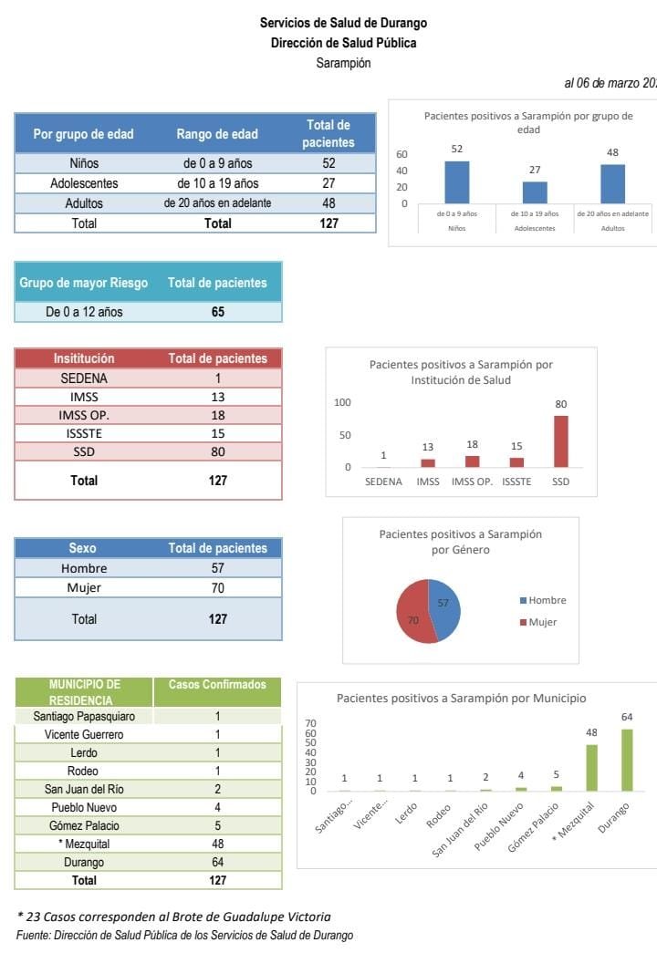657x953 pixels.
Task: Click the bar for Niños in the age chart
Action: tap(456, 182)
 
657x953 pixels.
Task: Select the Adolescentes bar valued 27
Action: tap(535, 192)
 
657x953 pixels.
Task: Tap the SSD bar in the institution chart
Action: tap(560, 442)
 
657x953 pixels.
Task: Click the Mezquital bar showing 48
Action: tap(591, 768)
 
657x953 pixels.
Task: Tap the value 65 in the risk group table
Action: tap(217, 312)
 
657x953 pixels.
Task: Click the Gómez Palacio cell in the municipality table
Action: tap(84, 825)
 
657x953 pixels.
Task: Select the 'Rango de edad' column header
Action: tap(217, 134)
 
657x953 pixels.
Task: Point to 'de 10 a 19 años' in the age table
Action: tap(217, 183)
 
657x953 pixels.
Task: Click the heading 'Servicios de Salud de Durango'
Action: tap(343, 23)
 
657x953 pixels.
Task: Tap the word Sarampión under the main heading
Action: tap(343, 63)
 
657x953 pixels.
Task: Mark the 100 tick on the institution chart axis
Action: tap(342, 402)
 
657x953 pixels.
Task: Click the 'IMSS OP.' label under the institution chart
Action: tap(472, 482)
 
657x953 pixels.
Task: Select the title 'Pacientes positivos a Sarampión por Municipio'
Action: tap(462, 698)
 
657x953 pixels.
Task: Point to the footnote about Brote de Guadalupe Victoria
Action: tap(174, 917)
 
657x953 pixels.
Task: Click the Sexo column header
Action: tap(82, 548)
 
